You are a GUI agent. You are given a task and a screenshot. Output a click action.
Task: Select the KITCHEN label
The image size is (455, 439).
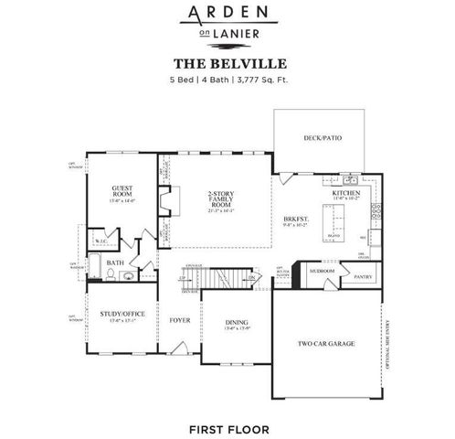(x=345, y=194)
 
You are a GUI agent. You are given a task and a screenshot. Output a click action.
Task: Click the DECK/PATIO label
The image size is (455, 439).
(x=319, y=139)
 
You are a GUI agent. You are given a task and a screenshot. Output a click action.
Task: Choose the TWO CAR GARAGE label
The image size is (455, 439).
(x=325, y=344)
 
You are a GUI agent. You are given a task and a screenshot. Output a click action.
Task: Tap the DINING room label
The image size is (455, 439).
(x=237, y=323)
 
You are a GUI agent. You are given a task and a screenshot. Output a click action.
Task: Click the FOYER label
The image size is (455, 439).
(x=179, y=321)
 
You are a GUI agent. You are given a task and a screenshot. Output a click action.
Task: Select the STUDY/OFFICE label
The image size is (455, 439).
(x=122, y=316)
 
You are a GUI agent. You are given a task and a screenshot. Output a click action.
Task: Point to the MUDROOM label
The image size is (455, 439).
(x=321, y=272)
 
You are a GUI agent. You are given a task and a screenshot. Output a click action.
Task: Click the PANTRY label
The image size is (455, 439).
(x=363, y=275)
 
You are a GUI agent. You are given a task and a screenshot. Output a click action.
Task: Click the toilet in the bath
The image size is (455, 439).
(x=129, y=273)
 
